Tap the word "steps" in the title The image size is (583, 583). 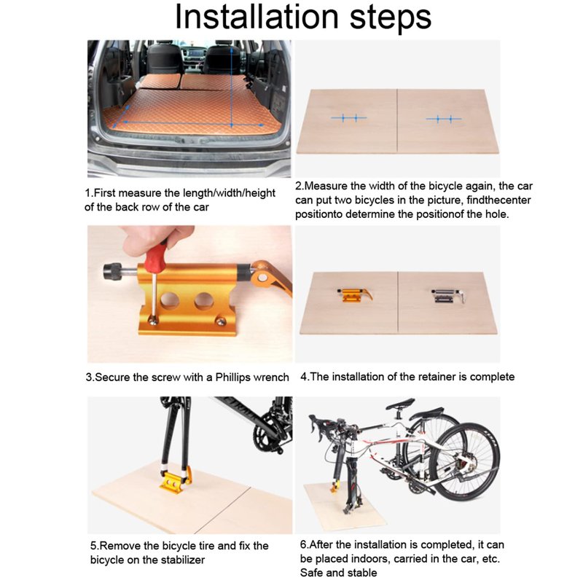coord(391,19)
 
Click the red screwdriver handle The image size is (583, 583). coord(156,257)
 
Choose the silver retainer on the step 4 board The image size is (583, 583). coord(448,297)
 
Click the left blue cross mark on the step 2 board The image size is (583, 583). coord(349,118)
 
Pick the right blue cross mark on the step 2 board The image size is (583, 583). coord(444,119)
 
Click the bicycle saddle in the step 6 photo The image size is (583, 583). coord(400,403)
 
